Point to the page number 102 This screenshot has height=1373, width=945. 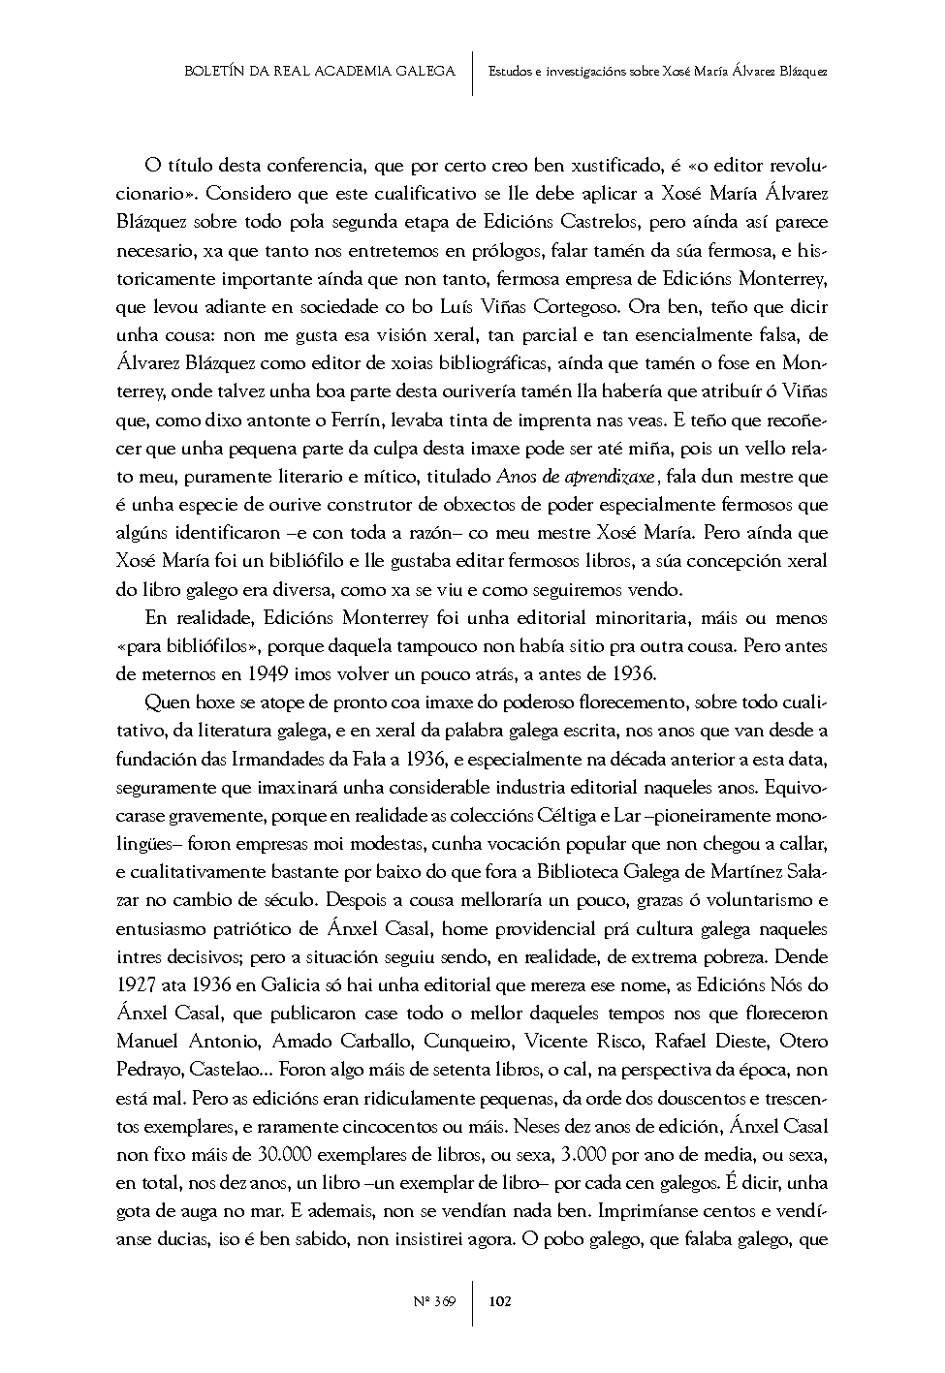tap(500, 1300)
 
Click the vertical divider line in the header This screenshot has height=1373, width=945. tap(473, 73)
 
